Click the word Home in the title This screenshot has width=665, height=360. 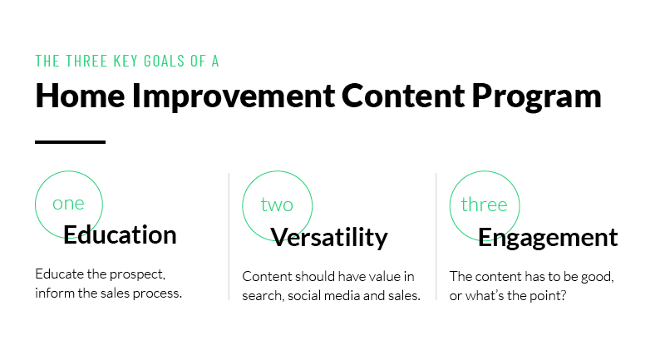[x=80, y=96]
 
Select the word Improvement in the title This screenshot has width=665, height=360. [x=234, y=96]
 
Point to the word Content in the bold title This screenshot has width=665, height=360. [x=403, y=96]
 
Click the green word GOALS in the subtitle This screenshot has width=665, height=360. [x=164, y=61]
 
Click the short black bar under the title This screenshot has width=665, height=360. [x=70, y=142]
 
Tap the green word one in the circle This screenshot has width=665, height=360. [x=68, y=204]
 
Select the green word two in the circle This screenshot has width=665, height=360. [x=277, y=205]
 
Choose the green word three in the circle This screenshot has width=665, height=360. [x=484, y=205]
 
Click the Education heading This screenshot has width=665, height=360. [x=120, y=234]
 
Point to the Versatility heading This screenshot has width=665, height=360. [x=329, y=237]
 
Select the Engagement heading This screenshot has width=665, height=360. [x=548, y=238]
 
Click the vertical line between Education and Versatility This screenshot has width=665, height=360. [x=229, y=237]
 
